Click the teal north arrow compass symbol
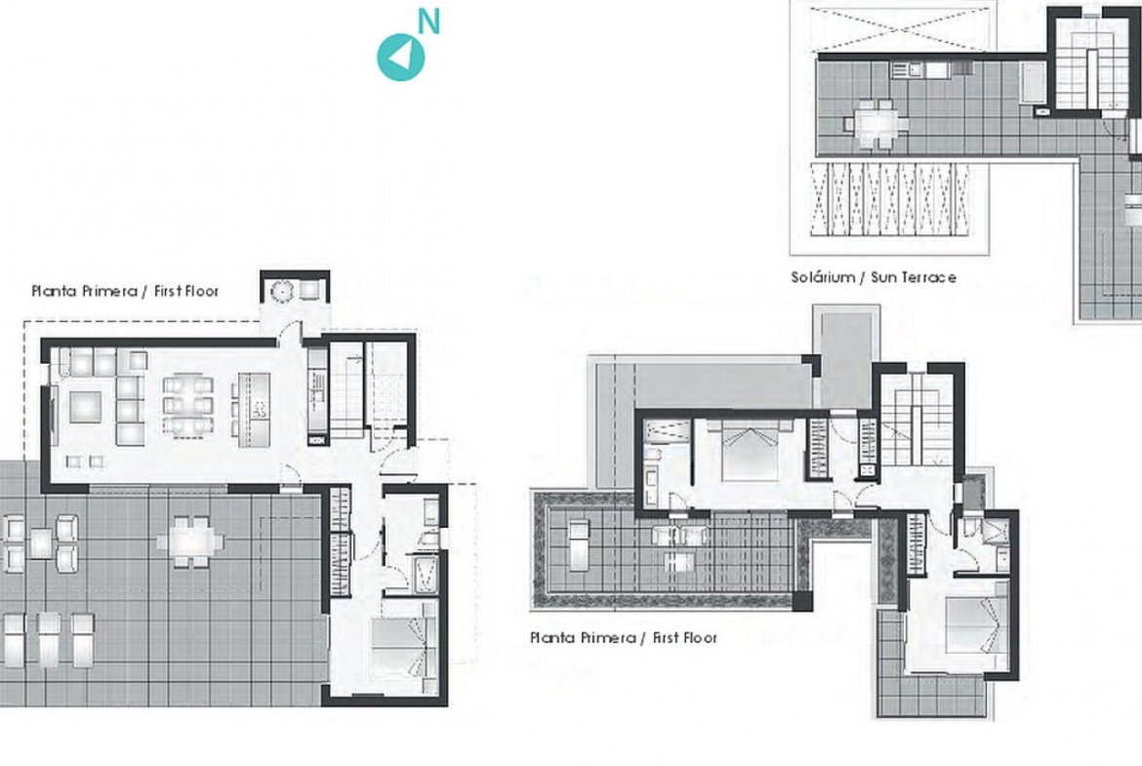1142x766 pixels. (400, 57)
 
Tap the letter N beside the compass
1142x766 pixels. (428, 21)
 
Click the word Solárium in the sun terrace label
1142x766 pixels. (823, 277)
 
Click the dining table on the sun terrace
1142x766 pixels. (877, 124)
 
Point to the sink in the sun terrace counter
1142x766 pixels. (915, 69)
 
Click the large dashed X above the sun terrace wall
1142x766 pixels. (901, 28)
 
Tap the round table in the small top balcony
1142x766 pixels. (281, 291)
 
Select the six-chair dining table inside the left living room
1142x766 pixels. (187, 406)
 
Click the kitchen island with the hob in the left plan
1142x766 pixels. (254, 410)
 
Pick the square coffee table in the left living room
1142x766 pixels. (85, 407)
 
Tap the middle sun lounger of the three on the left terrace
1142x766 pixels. (49, 640)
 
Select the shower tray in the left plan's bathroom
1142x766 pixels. (425, 575)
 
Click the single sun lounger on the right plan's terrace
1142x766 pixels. (579, 544)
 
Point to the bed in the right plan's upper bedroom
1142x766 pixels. (750, 452)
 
